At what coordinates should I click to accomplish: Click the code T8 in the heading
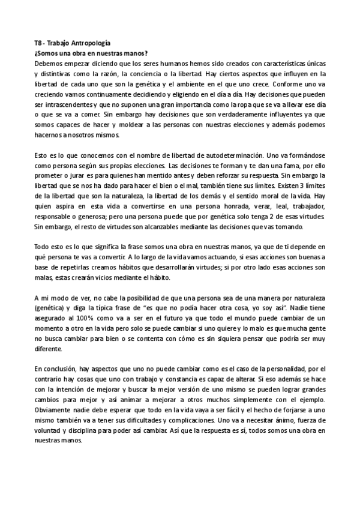(38, 43)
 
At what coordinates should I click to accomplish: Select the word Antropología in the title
(91, 43)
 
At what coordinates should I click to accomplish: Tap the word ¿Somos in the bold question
(47, 53)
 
